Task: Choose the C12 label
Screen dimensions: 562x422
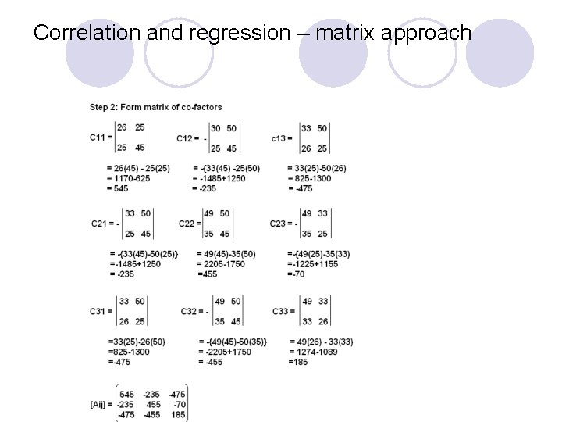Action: [x=184, y=138]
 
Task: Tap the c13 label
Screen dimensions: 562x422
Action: [x=279, y=138]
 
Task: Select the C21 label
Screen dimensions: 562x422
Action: [x=99, y=224]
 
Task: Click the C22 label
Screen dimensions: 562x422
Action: [x=187, y=224]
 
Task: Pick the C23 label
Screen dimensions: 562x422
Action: [x=279, y=224]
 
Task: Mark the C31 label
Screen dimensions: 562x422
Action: [x=98, y=311]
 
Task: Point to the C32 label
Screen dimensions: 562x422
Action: [x=189, y=311]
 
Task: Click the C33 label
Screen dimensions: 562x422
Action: [x=280, y=311]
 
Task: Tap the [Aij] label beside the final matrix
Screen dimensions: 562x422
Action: [x=101, y=404]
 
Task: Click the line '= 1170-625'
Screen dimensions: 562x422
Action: [x=129, y=178]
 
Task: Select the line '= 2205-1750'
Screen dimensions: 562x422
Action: [x=222, y=264]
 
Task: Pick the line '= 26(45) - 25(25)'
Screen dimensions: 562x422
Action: [x=139, y=168]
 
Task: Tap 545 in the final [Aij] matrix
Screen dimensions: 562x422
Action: [x=126, y=394]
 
